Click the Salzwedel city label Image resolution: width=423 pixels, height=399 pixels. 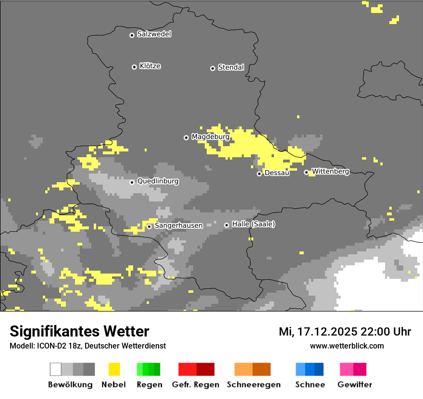pyautogui.click(x=154, y=34)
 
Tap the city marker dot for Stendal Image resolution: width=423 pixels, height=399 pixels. pyautogui.click(x=212, y=68)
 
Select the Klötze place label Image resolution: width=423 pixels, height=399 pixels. pyautogui.click(x=150, y=66)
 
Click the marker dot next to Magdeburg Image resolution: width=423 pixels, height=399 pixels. pyautogui.click(x=186, y=137)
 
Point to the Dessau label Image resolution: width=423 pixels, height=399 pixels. pyautogui.click(x=277, y=173)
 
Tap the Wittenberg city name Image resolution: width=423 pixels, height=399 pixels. pyautogui.click(x=330, y=172)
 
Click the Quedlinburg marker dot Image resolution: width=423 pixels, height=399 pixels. pyautogui.click(x=132, y=182)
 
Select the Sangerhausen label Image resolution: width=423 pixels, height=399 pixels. pyautogui.click(x=178, y=225)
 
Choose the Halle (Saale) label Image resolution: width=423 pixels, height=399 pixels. pyautogui.click(x=253, y=224)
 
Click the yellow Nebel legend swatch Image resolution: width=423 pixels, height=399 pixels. pyautogui.click(x=114, y=369)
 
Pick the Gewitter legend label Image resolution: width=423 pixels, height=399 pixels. pyautogui.click(x=354, y=385)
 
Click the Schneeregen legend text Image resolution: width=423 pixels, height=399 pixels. pyautogui.click(x=253, y=385)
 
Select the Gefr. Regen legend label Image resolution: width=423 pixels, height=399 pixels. pyautogui.click(x=195, y=385)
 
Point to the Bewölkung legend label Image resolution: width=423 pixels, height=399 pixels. pyautogui.click(x=70, y=385)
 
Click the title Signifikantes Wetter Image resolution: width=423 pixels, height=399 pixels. pyautogui.click(x=79, y=331)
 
